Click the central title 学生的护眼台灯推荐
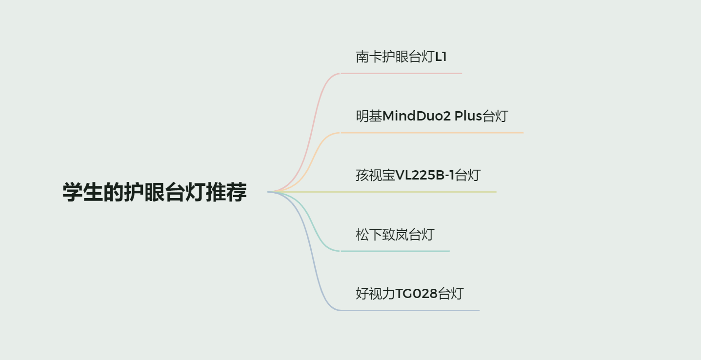tap(155, 192)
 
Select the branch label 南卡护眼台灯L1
tap(401, 57)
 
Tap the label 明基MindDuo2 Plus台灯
tap(432, 116)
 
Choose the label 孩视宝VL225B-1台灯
tap(418, 175)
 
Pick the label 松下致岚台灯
tap(395, 235)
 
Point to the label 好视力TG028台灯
tap(409, 294)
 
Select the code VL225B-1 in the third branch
tap(424, 175)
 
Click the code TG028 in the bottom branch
tap(416, 294)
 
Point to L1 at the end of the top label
tap(441, 57)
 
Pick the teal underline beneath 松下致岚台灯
tap(395, 251)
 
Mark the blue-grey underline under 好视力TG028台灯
tap(409, 310)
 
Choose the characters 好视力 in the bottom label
tap(375, 294)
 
